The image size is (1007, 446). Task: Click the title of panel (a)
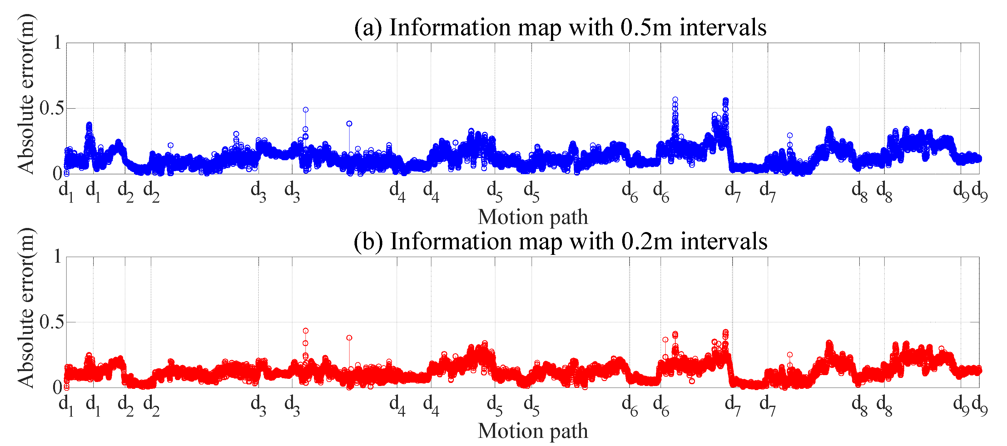point(560,27)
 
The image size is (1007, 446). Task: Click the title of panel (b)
point(560,241)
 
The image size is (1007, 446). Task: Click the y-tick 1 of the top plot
point(57,42)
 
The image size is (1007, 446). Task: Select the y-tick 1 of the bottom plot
point(57,257)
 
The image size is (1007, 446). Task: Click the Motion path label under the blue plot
point(533,217)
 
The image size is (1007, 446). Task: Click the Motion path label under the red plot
point(533,431)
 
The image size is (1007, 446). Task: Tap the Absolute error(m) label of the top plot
point(26,94)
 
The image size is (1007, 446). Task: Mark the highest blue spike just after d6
point(675,100)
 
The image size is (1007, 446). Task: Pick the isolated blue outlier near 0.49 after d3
point(306,110)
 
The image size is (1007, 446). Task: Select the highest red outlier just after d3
point(306,331)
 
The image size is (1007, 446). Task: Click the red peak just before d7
point(726,332)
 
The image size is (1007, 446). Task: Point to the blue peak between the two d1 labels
point(89,125)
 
